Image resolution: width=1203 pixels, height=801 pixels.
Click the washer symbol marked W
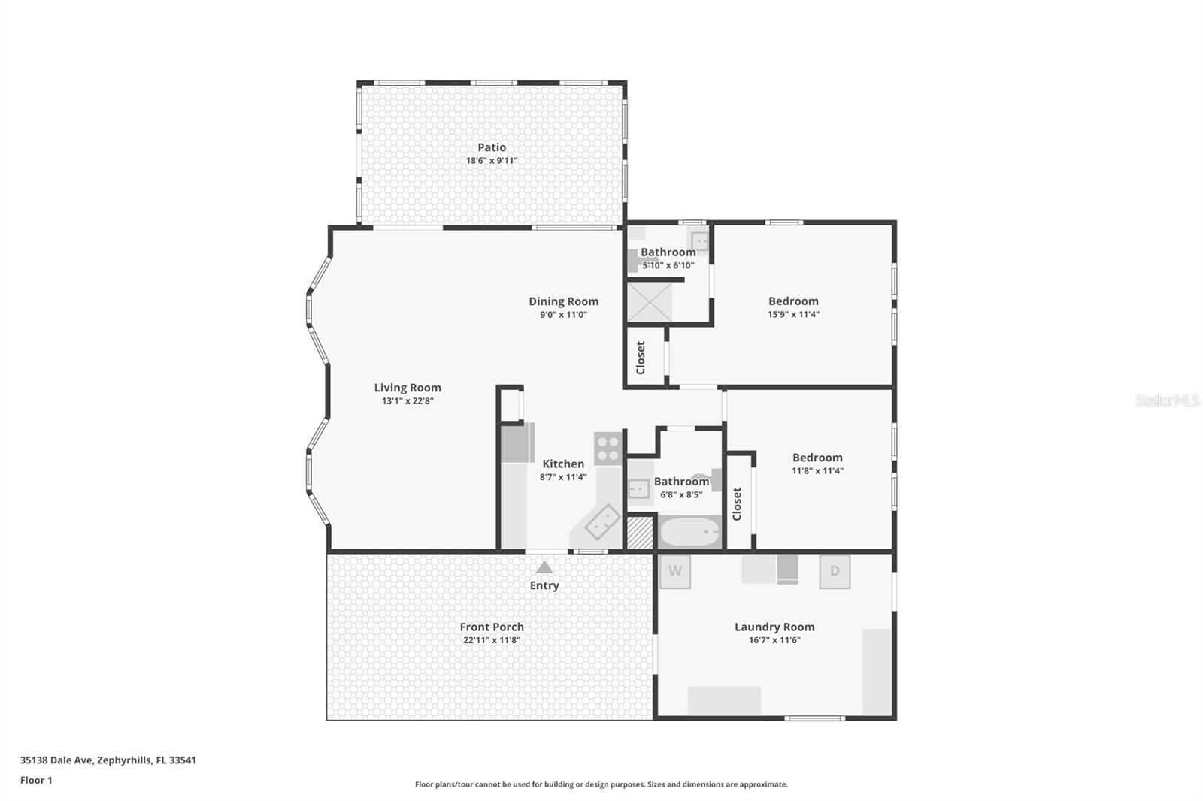(x=674, y=571)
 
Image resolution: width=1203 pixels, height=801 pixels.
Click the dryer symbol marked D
(x=835, y=571)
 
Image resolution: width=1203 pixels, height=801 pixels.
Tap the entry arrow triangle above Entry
(x=544, y=567)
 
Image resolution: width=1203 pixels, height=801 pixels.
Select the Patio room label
(x=492, y=147)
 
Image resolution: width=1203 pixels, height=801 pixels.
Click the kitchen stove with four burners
(x=608, y=448)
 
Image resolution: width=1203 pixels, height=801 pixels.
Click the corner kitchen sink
(x=602, y=521)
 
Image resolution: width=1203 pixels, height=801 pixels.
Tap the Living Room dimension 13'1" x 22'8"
(x=408, y=401)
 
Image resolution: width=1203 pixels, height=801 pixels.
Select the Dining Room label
(x=563, y=301)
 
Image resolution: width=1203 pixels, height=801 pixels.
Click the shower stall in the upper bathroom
(x=650, y=301)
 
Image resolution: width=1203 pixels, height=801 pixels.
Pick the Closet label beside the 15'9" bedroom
(x=641, y=358)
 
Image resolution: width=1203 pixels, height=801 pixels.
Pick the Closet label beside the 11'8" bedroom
(x=737, y=503)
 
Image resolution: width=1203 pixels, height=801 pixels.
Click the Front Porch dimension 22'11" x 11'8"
(x=492, y=641)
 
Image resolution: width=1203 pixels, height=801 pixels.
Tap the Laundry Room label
(x=774, y=627)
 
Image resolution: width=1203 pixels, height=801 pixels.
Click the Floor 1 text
(x=36, y=780)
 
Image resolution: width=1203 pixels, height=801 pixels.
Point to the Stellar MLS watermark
(x=1167, y=400)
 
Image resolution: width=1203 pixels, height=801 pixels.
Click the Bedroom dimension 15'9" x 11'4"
(x=793, y=315)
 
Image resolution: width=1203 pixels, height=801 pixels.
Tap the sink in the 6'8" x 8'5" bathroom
(x=639, y=489)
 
